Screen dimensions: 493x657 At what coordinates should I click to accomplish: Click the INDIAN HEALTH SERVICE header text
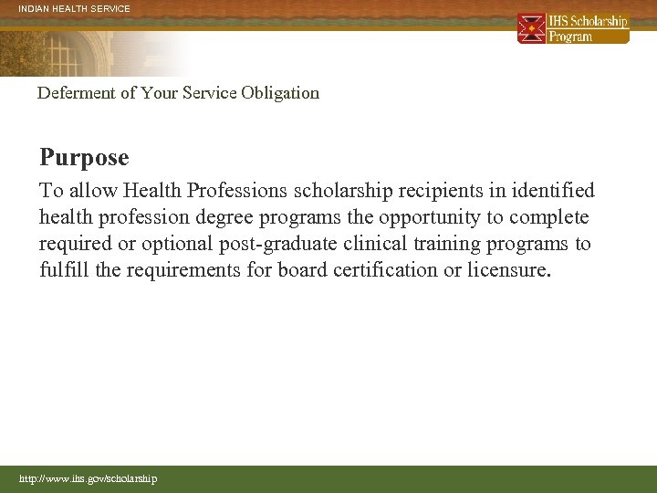75,9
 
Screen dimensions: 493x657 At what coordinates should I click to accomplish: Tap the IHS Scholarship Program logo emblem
531,28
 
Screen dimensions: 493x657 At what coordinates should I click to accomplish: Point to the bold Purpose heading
84,158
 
